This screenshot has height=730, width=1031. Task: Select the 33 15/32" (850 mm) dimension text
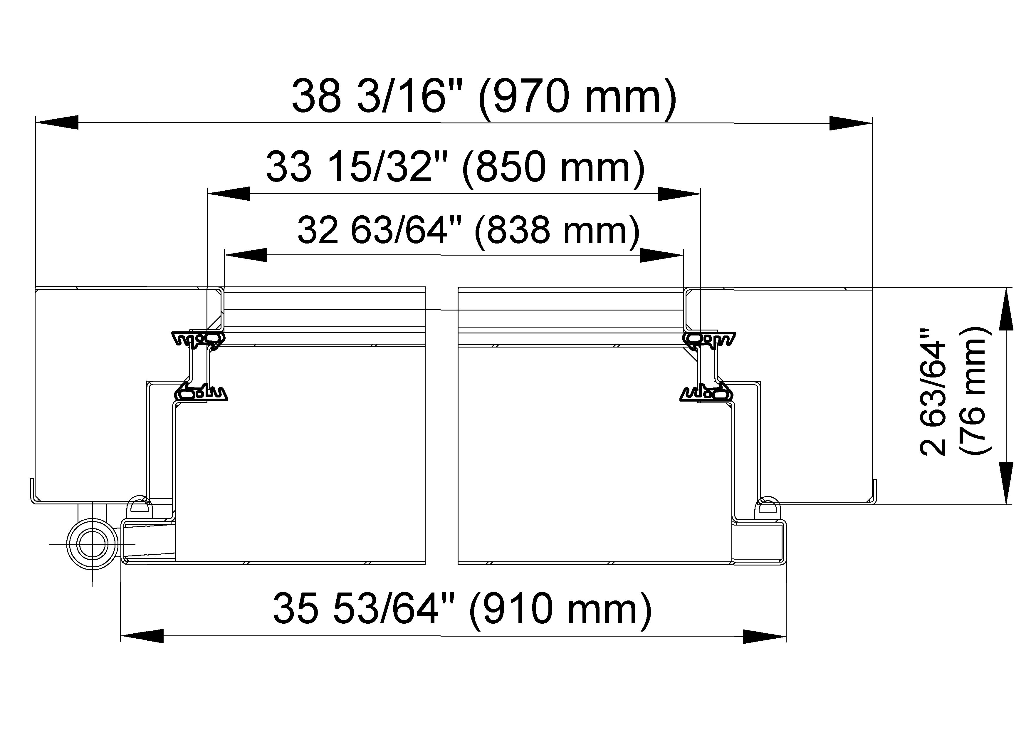(455, 167)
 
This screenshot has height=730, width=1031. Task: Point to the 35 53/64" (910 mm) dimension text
(462, 609)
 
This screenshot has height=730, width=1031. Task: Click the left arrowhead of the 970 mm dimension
(57, 122)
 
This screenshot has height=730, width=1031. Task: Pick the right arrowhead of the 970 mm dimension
(851, 123)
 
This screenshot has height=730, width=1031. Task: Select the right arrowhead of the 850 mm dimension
(679, 194)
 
